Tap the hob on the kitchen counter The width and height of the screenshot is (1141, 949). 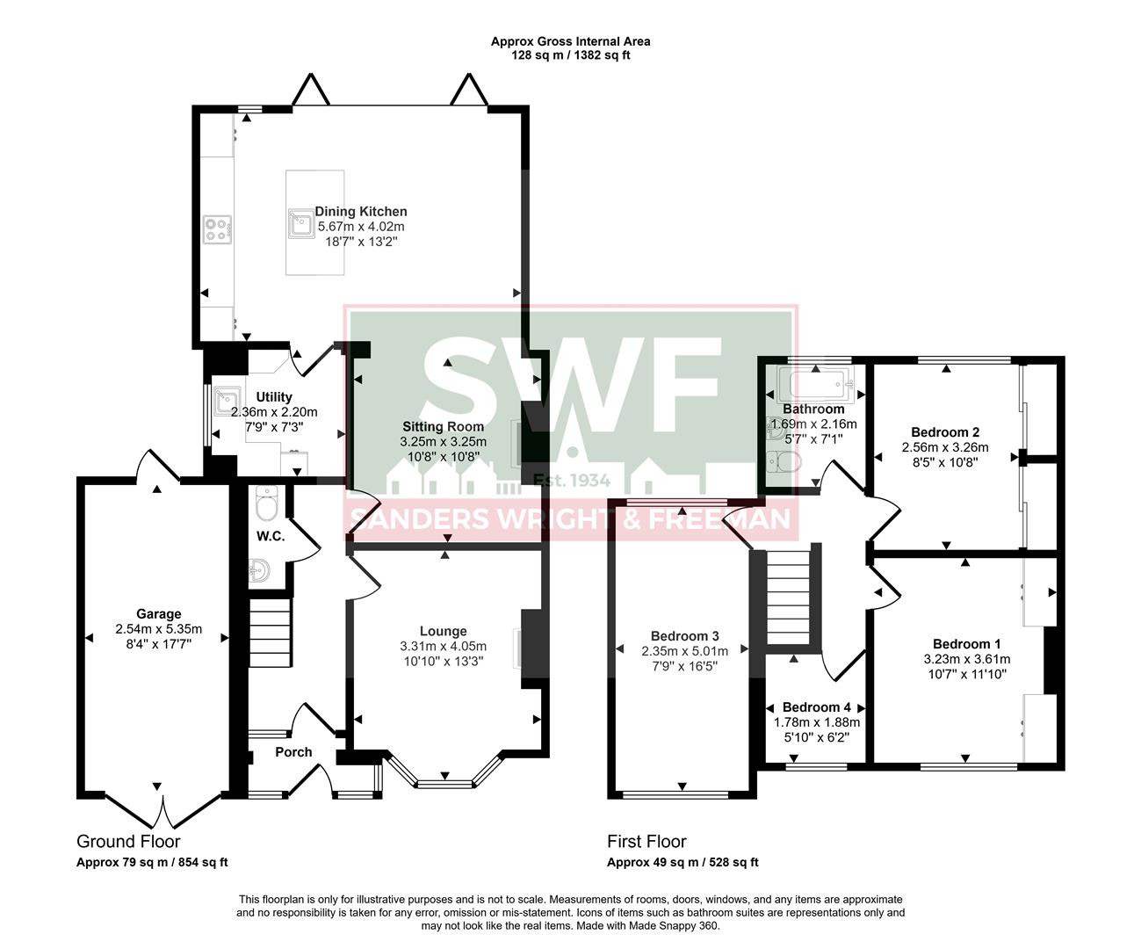pyautogui.click(x=218, y=229)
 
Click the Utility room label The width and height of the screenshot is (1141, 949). pyautogui.click(x=274, y=398)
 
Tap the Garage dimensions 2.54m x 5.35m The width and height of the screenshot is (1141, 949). pyautogui.click(x=158, y=629)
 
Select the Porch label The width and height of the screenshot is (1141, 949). pyautogui.click(x=293, y=752)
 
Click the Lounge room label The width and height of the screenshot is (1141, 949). pyautogui.click(x=443, y=631)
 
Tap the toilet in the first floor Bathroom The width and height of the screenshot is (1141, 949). pyautogui.click(x=784, y=461)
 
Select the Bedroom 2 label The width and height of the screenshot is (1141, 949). pyautogui.click(x=945, y=432)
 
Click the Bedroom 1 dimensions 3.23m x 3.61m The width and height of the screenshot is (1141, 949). pyautogui.click(x=966, y=659)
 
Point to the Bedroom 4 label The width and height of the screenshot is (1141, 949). pyautogui.click(x=816, y=707)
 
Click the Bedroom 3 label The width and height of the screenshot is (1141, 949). pyautogui.click(x=685, y=636)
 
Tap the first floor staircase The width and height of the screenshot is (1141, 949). pyautogui.click(x=787, y=598)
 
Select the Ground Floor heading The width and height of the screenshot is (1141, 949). pyautogui.click(x=128, y=842)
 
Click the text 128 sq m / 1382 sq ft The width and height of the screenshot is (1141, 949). pyautogui.click(x=571, y=55)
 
